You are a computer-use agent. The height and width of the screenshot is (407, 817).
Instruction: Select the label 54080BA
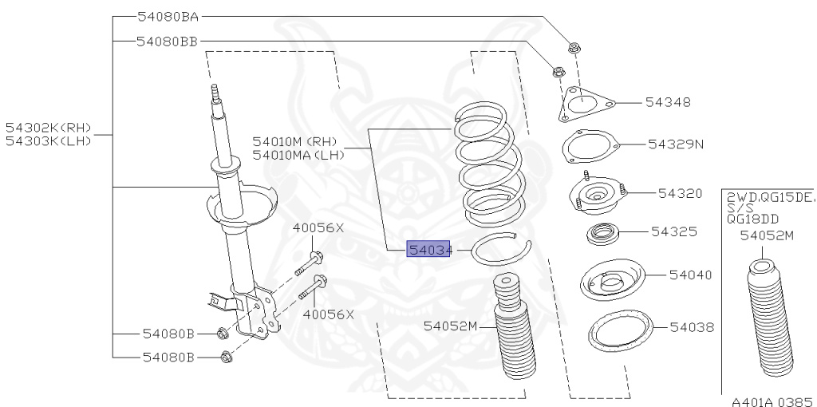pyautogui.click(x=167, y=15)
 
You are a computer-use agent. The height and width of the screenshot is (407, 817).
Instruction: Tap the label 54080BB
pyautogui.click(x=167, y=41)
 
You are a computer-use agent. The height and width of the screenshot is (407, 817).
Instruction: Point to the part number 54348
pyautogui.click(x=668, y=102)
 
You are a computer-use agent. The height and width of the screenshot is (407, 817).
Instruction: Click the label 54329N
pyautogui.click(x=676, y=144)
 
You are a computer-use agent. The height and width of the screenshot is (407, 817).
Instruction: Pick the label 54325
pyautogui.click(x=674, y=231)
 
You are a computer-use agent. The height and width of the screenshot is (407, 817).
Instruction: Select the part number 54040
pyautogui.click(x=690, y=275)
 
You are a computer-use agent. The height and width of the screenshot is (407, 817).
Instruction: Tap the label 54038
pyautogui.click(x=692, y=326)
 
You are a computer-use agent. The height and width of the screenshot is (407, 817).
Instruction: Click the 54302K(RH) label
pyautogui.click(x=49, y=127)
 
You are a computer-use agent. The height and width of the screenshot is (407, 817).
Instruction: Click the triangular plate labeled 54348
pyautogui.click(x=585, y=105)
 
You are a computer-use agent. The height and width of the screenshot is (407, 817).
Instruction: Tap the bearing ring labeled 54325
pyautogui.click(x=604, y=235)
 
